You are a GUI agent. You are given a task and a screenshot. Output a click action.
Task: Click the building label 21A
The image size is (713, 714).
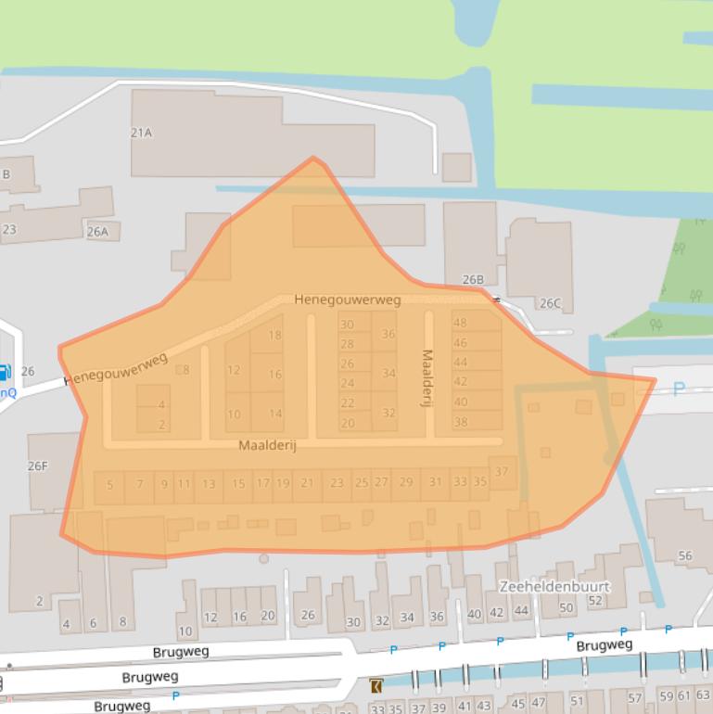tap(141, 133)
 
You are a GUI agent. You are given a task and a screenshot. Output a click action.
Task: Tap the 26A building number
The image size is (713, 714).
tap(97, 232)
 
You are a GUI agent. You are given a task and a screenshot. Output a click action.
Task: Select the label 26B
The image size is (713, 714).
tap(473, 280)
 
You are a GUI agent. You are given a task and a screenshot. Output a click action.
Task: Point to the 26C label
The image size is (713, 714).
tap(550, 303)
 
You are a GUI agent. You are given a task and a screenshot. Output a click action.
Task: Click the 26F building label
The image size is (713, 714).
tap(37, 465)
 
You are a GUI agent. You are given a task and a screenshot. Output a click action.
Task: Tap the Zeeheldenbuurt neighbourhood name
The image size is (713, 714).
tap(554, 587)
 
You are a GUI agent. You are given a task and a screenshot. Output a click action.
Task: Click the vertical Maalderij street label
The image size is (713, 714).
tap(427, 374)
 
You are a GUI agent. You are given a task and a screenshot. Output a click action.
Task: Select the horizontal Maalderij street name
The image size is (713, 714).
tap(267, 446)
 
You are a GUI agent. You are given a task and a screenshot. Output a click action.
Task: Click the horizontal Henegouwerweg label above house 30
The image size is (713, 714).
tap(348, 300)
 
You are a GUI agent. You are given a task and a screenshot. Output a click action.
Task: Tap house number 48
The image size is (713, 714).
tap(460, 323)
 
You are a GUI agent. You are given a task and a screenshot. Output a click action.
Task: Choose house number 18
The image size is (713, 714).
tap(274, 336)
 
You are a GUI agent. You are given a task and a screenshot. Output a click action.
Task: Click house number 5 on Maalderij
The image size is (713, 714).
tap(109, 484)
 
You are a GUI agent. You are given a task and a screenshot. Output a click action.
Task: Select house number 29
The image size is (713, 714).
tap(406, 482)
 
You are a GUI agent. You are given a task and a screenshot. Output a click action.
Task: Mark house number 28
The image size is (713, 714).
tap(347, 344)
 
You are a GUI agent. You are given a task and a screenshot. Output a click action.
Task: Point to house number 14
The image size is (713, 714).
tap(274, 414)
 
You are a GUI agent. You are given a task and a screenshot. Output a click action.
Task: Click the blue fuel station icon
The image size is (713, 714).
tap(5, 374)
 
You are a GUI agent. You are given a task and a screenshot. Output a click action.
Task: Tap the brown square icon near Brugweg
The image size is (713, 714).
tap(376, 686)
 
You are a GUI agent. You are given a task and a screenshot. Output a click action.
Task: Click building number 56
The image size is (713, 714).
tap(685, 555)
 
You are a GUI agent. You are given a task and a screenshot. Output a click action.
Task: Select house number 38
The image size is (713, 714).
tap(461, 422)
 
